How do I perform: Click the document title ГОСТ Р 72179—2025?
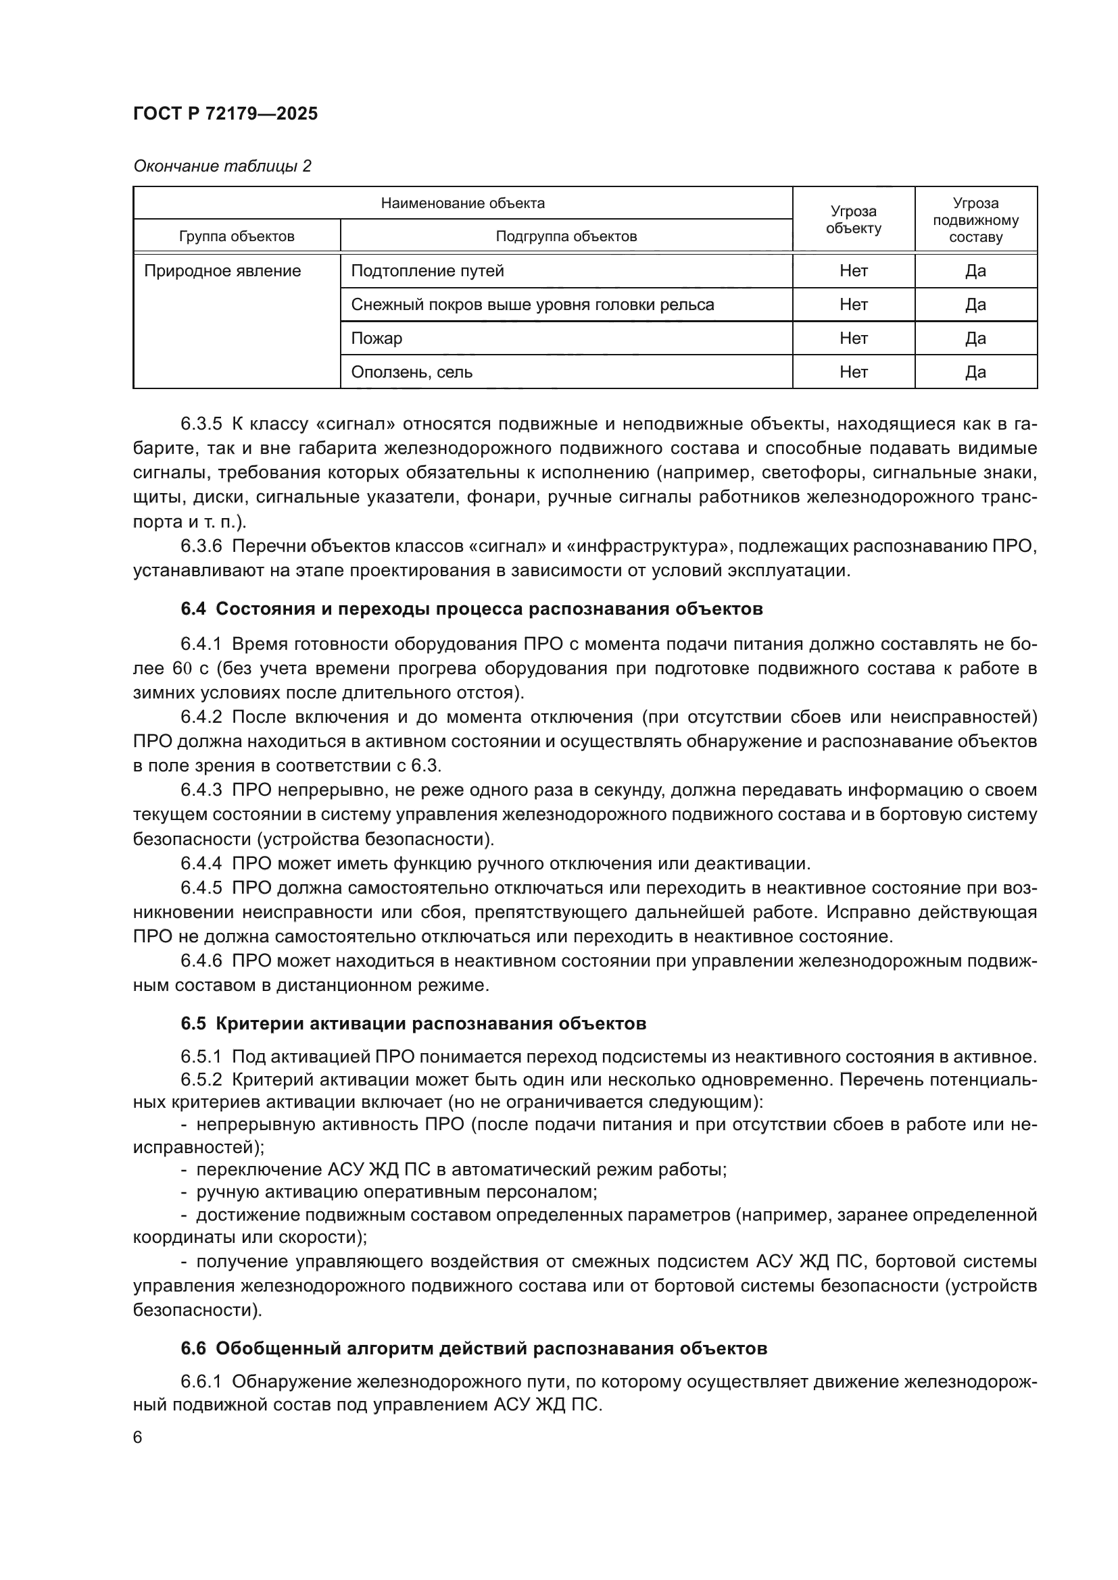[225, 114]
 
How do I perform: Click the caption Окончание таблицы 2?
[222, 167]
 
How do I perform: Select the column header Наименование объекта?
[462, 203]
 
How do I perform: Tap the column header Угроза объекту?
[853, 220]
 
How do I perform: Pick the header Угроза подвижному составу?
[975, 220]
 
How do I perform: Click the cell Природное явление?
[222, 271]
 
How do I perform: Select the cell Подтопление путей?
[427, 271]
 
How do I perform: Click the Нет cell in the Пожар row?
[853, 338]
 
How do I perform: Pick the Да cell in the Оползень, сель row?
[975, 372]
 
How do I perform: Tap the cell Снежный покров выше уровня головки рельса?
[532, 305]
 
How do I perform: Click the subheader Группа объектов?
[236, 236]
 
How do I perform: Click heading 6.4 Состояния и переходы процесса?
[472, 609]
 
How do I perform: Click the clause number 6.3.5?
[201, 424]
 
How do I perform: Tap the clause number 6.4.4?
[201, 864]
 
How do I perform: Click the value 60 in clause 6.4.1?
[183, 668]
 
